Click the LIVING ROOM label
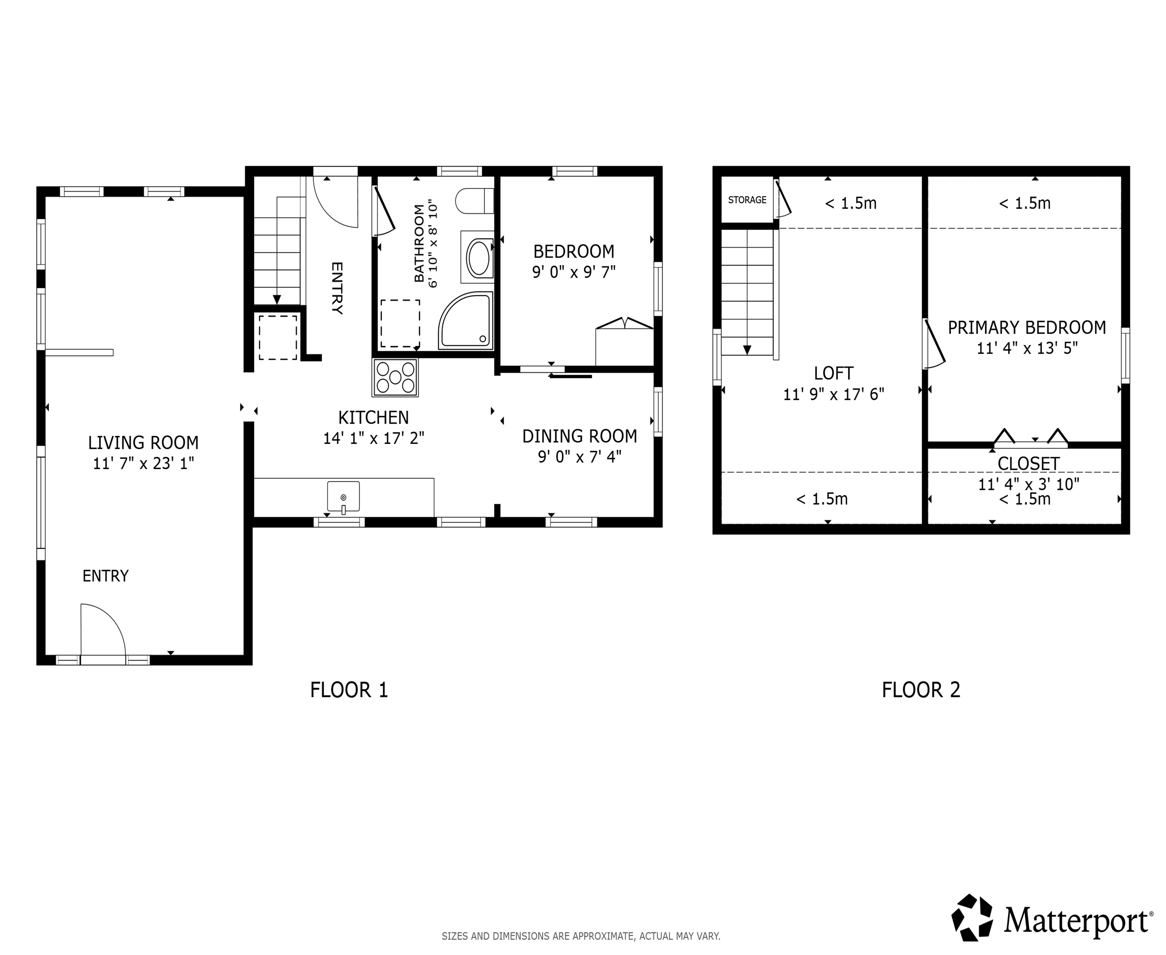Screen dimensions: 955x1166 143,442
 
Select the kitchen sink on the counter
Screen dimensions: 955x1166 343,496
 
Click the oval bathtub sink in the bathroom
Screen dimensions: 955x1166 478,257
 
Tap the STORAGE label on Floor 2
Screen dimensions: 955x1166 747,200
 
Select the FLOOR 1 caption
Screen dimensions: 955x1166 349,690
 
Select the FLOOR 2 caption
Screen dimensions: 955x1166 921,690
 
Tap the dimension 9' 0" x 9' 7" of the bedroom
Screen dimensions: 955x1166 573,272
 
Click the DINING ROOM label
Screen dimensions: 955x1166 579,436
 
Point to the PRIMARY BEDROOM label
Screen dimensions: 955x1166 1027,328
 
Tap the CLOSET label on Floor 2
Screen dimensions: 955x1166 1028,464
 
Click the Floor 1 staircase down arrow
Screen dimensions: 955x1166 277,300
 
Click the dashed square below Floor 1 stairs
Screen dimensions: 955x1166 278,337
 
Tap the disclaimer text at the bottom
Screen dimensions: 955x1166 581,936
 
